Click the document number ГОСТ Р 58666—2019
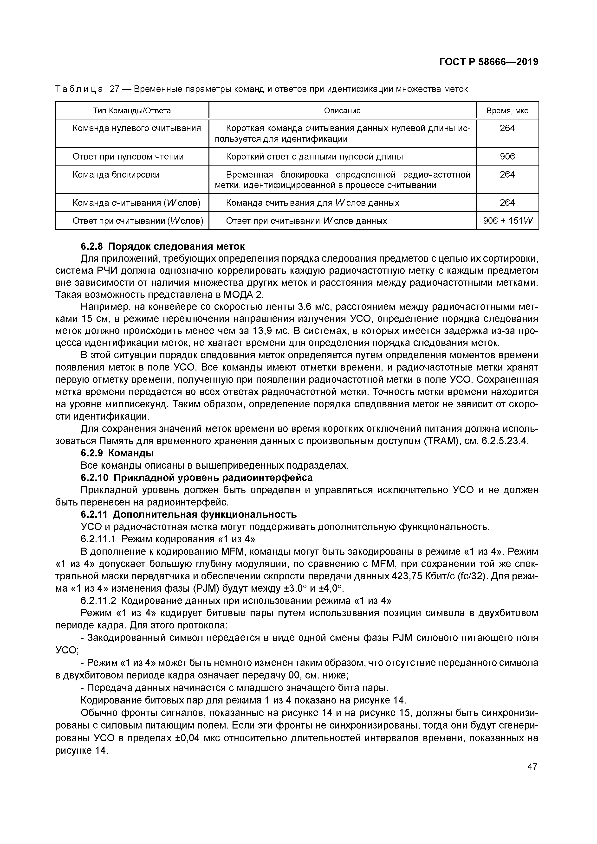(488, 62)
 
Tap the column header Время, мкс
(507, 111)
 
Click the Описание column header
(342, 111)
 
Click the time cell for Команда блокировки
(507, 175)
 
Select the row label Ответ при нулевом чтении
(128, 157)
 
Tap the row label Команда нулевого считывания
(136, 128)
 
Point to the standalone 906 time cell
(507, 157)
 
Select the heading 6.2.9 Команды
(117, 453)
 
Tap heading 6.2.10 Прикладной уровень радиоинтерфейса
(196, 478)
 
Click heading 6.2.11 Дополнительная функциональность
(188, 514)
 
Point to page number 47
(532, 767)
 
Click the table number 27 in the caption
(114, 89)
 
